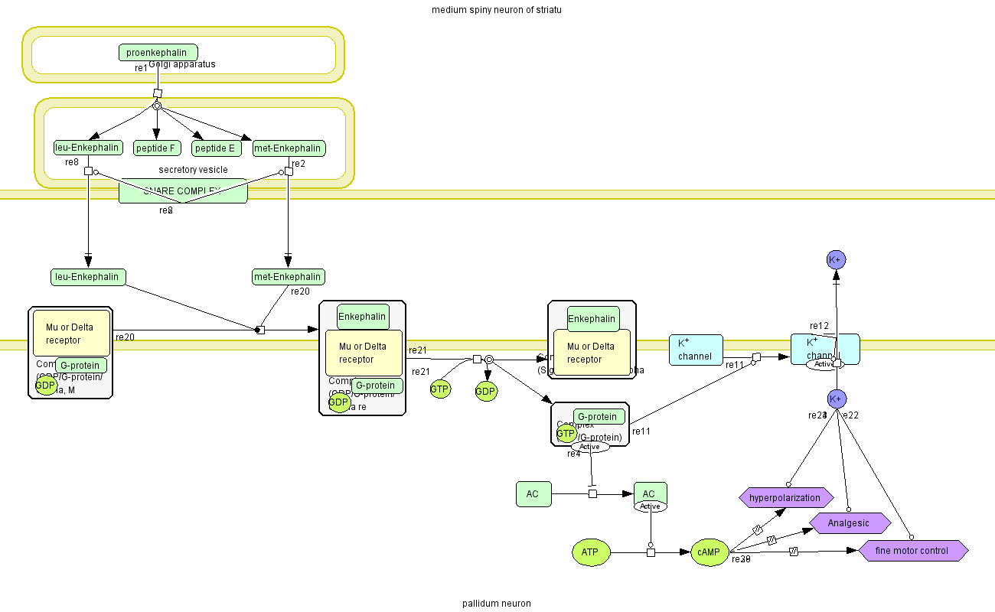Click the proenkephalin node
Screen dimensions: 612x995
tap(158, 52)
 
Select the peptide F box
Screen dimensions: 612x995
tap(157, 148)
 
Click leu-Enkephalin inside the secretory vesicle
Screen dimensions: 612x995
tap(87, 148)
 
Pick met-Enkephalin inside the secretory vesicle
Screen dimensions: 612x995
tap(289, 148)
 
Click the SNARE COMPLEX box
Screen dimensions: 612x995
tap(183, 191)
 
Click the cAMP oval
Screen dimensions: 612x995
tap(710, 552)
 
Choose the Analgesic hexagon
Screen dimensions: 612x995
tap(850, 523)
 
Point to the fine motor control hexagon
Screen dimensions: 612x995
tap(912, 551)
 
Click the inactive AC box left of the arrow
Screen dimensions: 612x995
tap(533, 494)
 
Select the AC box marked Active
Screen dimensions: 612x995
tap(650, 494)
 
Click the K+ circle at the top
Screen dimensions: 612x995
tap(837, 260)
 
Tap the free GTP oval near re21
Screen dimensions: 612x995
tap(439, 389)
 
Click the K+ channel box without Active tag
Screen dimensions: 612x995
tap(695, 350)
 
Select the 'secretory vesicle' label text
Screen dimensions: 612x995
tap(193, 170)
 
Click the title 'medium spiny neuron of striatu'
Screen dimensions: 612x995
tap(497, 10)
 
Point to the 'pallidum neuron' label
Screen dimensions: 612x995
tap(496, 604)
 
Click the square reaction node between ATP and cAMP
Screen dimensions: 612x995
tap(651, 552)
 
